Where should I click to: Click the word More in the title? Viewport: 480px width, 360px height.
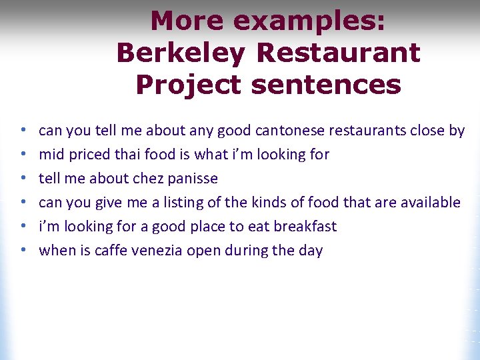(187, 21)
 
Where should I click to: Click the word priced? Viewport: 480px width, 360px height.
(86, 155)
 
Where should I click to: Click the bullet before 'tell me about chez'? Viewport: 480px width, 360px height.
(23, 179)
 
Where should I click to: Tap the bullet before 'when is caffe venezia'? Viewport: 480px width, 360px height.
(23, 251)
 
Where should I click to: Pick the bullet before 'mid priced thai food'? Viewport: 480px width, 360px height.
(23, 155)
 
